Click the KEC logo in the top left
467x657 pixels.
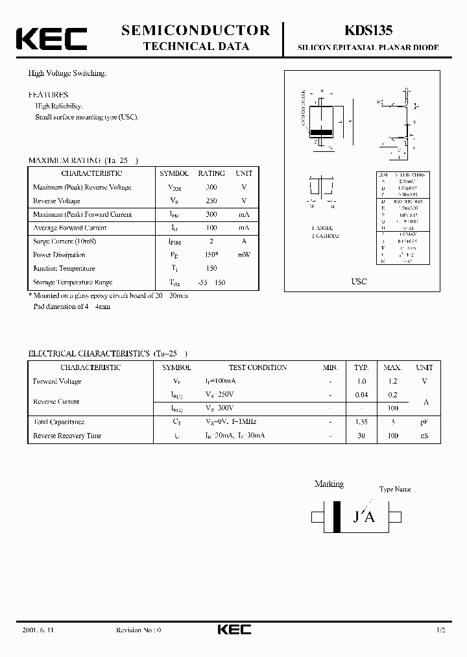[x=51, y=38]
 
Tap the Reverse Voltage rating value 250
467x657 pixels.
[x=211, y=201]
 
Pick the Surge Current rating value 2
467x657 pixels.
[x=211, y=242]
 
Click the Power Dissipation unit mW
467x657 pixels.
[x=244, y=255]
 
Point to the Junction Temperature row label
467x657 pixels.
[x=64, y=269]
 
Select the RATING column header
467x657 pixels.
[x=211, y=173]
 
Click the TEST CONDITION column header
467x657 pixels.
[x=257, y=367]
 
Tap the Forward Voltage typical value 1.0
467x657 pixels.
[x=361, y=382]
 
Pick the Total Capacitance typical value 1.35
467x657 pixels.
[x=361, y=422]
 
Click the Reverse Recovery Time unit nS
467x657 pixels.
[x=424, y=436]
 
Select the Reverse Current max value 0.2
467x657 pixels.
[x=392, y=395]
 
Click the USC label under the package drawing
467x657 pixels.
[x=359, y=281]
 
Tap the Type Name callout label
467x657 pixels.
[x=395, y=490]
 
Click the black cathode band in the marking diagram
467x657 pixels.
[x=337, y=517]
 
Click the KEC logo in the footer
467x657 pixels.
[x=233, y=630]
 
